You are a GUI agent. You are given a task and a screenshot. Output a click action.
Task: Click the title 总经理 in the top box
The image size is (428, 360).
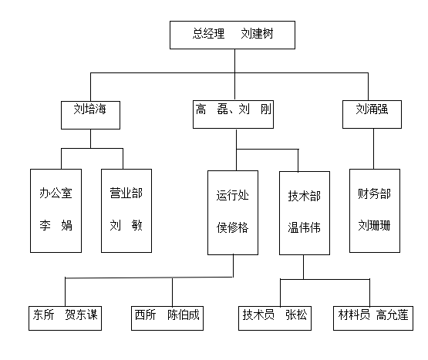[208, 34]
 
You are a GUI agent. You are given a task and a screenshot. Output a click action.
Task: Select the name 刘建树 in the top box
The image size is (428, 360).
[257, 34]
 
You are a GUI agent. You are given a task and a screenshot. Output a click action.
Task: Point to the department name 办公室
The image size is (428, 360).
[56, 193]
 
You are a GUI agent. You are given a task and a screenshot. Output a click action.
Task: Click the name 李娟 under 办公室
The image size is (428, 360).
[56, 226]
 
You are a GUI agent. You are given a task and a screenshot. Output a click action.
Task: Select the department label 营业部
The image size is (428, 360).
[126, 193]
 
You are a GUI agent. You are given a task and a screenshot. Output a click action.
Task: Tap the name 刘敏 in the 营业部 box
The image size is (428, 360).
[126, 226]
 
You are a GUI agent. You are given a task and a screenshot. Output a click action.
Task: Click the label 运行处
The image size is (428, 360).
[233, 196]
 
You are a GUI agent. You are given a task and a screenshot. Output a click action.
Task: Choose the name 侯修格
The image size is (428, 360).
[233, 227]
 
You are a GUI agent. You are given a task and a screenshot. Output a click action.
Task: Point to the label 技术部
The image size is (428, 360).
[304, 196]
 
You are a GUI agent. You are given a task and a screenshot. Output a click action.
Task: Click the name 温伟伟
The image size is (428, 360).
[304, 227]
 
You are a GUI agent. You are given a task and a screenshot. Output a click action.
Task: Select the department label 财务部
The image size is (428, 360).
[374, 193]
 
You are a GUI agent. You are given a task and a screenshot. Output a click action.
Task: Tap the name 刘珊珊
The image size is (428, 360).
[374, 226]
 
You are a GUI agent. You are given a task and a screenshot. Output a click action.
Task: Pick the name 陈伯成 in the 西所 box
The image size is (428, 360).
[184, 315]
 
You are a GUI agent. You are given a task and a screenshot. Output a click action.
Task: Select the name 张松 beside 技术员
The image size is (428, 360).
[296, 315]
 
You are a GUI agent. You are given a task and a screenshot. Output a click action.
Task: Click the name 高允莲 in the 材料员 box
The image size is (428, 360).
[393, 315]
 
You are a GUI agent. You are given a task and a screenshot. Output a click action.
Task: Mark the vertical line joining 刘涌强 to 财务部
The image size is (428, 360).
[374, 149]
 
